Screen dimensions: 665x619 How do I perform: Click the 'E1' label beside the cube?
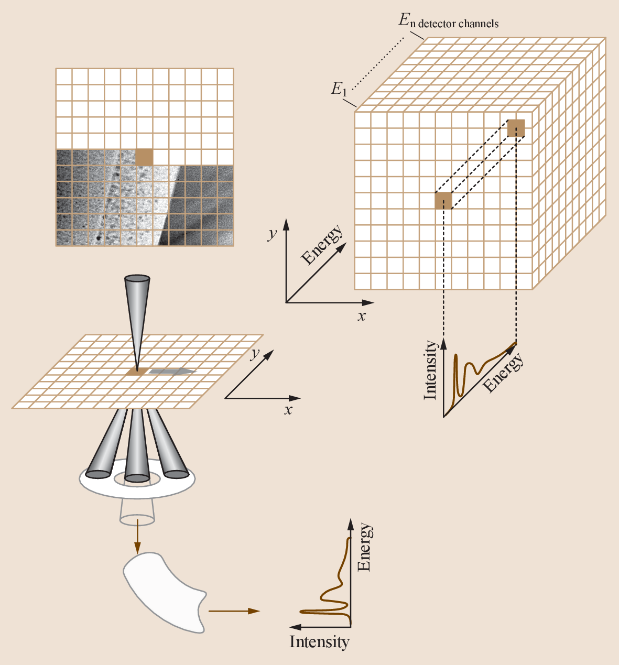point(339,89)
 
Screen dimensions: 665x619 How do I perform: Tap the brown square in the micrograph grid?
point(144,157)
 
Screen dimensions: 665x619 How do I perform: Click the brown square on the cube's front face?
point(443,201)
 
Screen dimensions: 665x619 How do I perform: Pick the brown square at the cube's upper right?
point(516,128)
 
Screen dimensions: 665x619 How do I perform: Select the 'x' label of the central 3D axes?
point(362,316)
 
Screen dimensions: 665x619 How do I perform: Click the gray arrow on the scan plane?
point(172,371)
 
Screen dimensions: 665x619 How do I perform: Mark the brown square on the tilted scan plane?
point(136,372)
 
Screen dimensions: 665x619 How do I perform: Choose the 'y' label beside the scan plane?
point(255,353)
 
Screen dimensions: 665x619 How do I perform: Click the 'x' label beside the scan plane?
point(288,409)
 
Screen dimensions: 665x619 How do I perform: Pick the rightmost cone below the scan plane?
point(167,445)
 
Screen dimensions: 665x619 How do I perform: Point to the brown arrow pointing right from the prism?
point(234,611)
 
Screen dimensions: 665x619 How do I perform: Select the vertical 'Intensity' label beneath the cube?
point(430,370)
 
